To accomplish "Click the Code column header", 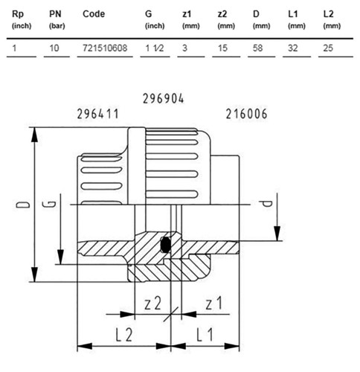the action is coord(94,14).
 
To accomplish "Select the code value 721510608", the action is coord(105,48).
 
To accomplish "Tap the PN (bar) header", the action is coord(57,19).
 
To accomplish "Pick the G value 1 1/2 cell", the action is coord(155,48).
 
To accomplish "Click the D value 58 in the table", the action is coord(257,48).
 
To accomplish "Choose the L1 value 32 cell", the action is coord(293,48).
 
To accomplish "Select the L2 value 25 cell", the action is coord(328,48).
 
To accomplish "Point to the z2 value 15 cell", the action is coord(222,48).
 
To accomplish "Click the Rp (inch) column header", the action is coord(22,19).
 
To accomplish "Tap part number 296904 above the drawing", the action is coord(163,98).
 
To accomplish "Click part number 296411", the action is coord(97,114).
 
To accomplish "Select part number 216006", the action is coord(246,114).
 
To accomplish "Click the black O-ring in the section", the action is coord(165,245).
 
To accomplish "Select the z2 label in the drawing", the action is coord(152,303).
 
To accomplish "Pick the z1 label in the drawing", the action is coord(213,303).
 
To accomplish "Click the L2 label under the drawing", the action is coord(124,334).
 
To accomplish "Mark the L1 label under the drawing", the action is coord(205,334).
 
